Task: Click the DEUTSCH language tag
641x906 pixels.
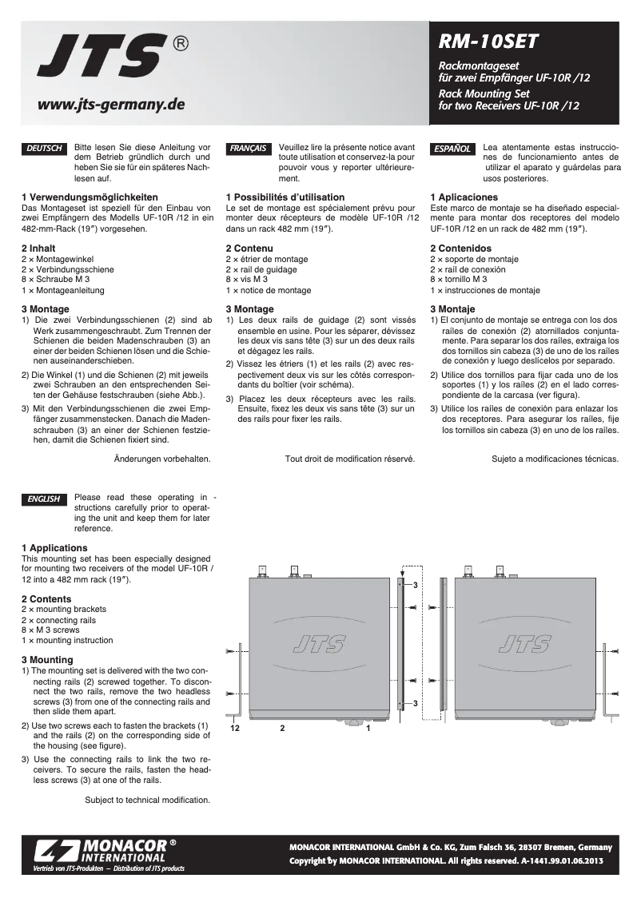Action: pyautogui.click(x=45, y=149)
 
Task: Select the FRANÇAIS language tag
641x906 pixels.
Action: pyautogui.click(x=248, y=149)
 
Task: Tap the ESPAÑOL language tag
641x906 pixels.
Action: pyautogui.click(x=452, y=149)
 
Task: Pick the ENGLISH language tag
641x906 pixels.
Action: pyautogui.click(x=45, y=499)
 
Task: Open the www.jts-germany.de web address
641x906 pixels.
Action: pyautogui.click(x=111, y=104)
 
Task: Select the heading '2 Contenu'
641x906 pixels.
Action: pyautogui.click(x=249, y=248)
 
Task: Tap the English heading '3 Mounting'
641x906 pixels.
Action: pyautogui.click(x=47, y=659)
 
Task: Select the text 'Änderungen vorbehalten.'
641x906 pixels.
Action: pyautogui.click(x=162, y=459)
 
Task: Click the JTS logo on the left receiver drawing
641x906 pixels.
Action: pyautogui.click(x=320, y=643)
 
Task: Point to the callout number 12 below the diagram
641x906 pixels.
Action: pyautogui.click(x=235, y=729)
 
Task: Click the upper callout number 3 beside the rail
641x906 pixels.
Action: pyautogui.click(x=416, y=586)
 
